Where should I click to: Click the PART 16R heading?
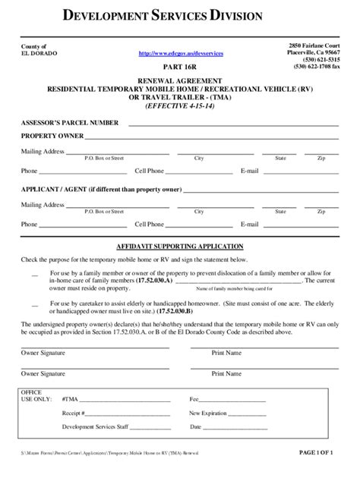point(180,65)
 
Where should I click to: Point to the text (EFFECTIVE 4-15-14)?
point(179,106)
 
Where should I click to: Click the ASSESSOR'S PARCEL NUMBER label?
point(70,122)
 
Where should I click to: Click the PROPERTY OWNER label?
point(52,137)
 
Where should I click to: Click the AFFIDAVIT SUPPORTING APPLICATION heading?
point(179,247)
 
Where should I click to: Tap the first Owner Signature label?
point(43,353)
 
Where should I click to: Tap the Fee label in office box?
point(194,398)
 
